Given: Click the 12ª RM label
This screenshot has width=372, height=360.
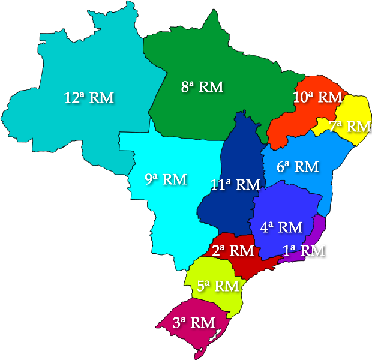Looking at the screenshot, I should point(89,98).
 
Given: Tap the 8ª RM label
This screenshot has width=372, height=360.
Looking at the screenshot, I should point(202,87).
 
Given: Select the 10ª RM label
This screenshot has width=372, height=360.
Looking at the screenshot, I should point(317,97).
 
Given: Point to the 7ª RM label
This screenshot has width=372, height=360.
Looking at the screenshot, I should point(350,127).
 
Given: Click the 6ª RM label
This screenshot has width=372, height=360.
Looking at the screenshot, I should point(298,167).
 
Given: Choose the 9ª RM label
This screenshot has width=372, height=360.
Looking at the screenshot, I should point(166,179).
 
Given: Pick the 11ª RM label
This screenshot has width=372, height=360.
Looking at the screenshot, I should point(235,185).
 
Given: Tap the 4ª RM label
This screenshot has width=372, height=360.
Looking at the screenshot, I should point(281,227).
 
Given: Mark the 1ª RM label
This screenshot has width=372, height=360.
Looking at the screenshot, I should point(304,251).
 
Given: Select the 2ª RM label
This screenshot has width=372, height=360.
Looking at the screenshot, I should point(232,250).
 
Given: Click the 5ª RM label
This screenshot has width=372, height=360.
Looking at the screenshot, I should point(218,286).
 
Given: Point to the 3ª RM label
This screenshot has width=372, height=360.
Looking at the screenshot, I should point(193,322).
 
